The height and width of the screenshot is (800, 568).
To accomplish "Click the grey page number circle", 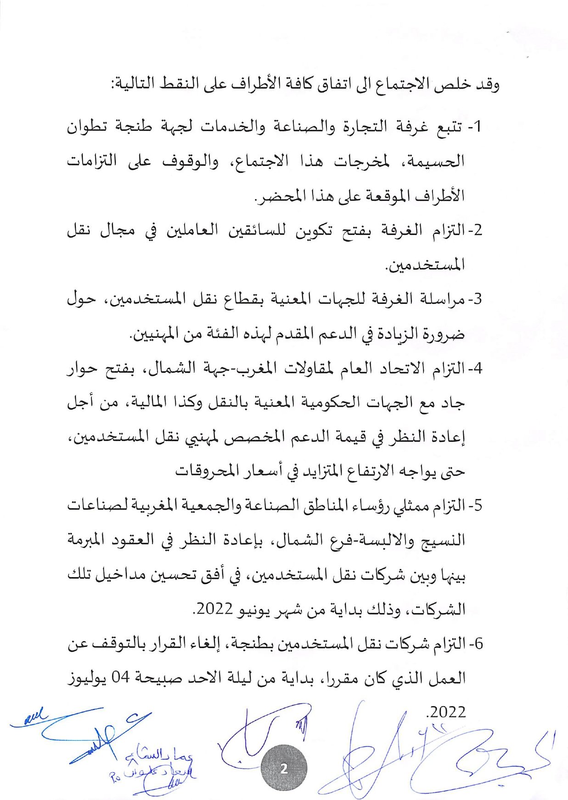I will (283, 769).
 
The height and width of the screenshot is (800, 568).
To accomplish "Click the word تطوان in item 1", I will (88, 126).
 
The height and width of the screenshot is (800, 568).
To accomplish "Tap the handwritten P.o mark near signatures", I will (115, 777).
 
